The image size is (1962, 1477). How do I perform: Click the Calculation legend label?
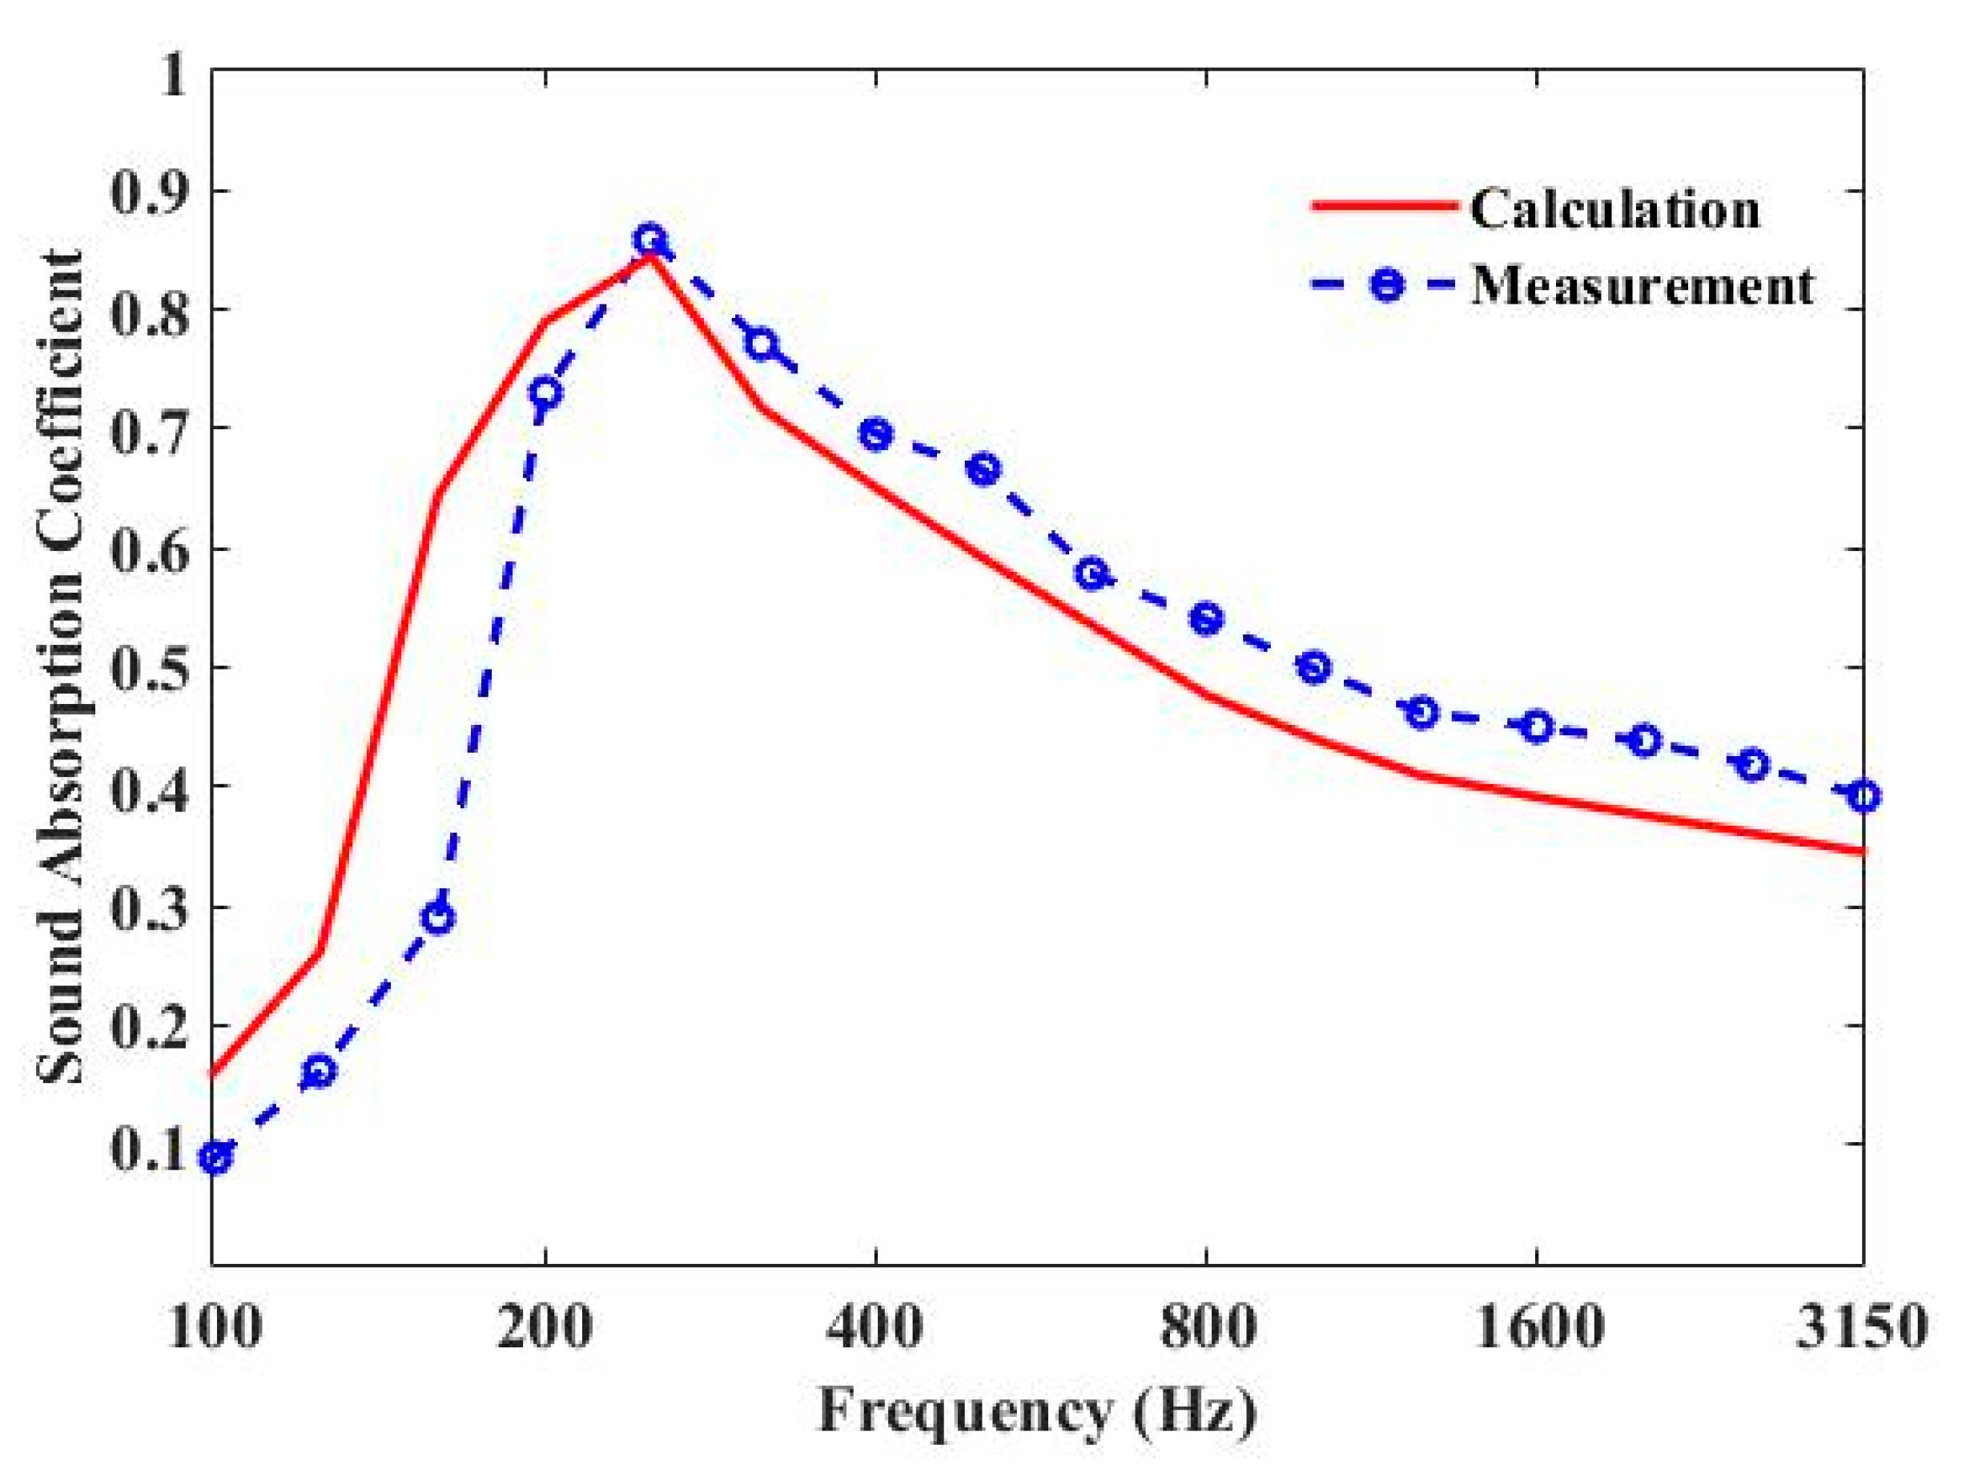1614,210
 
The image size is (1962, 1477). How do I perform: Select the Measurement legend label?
1642,287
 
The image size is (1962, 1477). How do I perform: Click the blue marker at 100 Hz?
215,1157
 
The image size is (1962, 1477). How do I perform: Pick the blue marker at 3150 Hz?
1864,795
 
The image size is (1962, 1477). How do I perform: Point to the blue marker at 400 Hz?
876,436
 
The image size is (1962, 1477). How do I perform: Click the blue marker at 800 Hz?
1206,618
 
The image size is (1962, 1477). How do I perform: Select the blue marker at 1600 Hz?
1537,727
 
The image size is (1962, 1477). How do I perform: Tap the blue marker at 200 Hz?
545,392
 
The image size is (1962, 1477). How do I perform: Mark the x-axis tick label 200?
544,1328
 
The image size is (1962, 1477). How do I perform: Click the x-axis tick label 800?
1207,1328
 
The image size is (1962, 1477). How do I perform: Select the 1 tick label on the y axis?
171,73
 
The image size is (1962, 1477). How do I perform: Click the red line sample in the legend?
1384,206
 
